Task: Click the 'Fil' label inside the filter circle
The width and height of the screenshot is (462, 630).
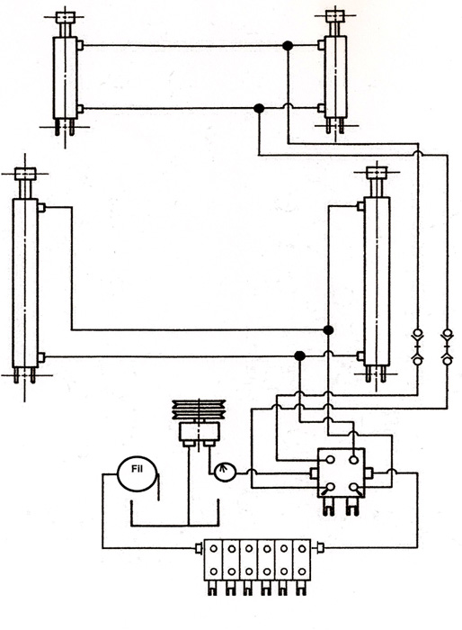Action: (x=137, y=469)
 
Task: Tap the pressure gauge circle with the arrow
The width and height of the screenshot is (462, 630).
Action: (x=225, y=472)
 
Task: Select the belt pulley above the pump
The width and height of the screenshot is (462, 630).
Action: (x=199, y=409)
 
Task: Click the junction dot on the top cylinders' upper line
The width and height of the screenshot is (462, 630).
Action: (x=288, y=45)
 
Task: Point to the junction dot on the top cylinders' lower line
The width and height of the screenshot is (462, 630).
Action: (x=259, y=108)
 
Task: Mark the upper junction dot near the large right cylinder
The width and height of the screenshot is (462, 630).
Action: (x=328, y=330)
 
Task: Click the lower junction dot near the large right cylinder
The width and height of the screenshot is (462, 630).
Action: (x=300, y=356)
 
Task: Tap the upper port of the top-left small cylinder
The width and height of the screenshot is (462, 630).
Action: (x=80, y=45)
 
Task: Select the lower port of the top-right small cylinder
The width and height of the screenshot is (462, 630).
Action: (x=321, y=108)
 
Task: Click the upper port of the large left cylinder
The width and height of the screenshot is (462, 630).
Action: (x=41, y=208)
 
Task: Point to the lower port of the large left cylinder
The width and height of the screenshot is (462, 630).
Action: (x=41, y=356)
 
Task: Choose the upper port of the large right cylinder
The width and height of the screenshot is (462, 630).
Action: (x=360, y=206)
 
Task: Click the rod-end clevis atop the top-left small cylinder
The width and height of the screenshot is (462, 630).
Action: (x=64, y=17)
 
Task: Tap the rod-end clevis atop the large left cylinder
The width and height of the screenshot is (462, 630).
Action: (x=25, y=174)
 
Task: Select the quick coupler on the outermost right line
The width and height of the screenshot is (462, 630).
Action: (x=447, y=346)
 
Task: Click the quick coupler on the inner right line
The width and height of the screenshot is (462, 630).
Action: (x=418, y=346)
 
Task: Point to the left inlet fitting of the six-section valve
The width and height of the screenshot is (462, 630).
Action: (x=199, y=548)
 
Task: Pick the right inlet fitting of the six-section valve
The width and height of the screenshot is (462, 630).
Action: (x=320, y=547)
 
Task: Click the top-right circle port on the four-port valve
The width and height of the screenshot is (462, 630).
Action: (x=353, y=460)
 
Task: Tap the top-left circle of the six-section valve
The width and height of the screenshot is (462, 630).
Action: (x=214, y=548)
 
